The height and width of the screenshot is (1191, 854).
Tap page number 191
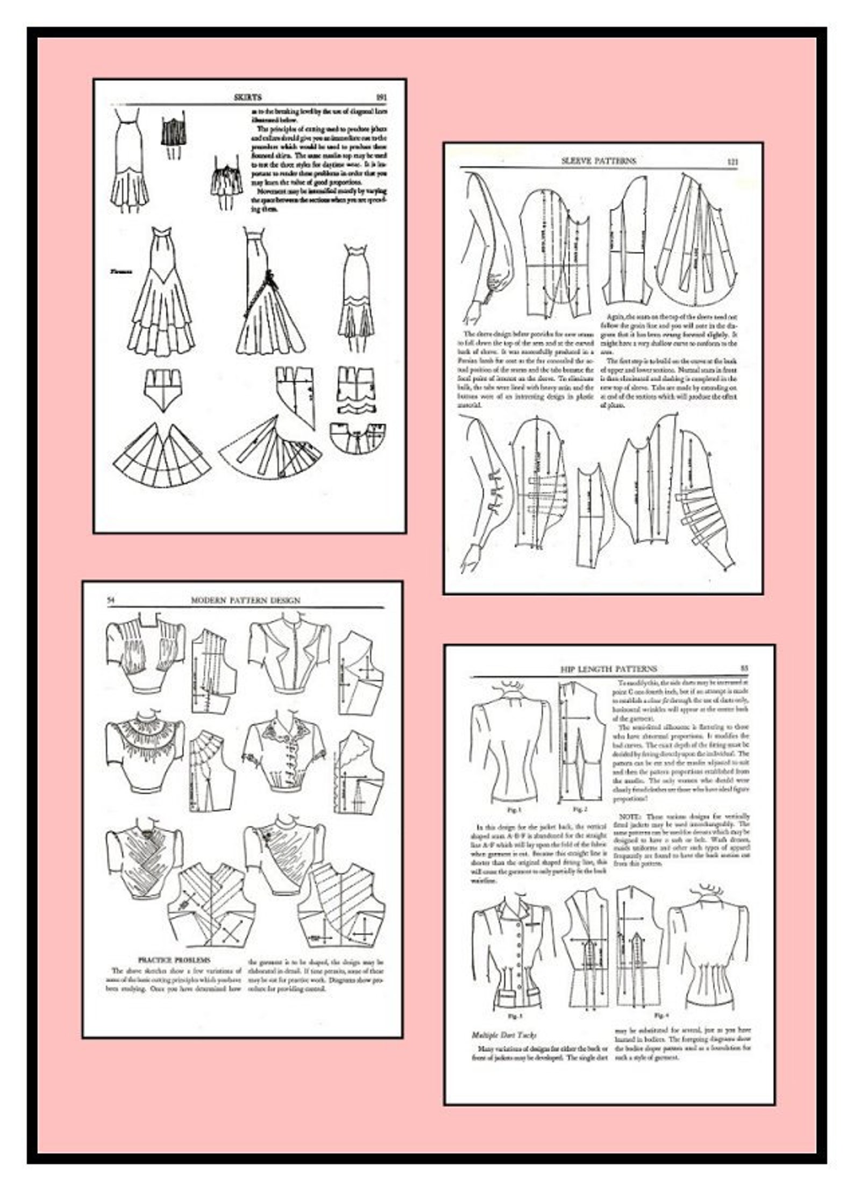pyautogui.click(x=381, y=97)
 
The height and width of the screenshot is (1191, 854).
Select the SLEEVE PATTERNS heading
pyautogui.click(x=598, y=161)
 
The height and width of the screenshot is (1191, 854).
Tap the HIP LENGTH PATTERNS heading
pyautogui.click(x=608, y=669)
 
